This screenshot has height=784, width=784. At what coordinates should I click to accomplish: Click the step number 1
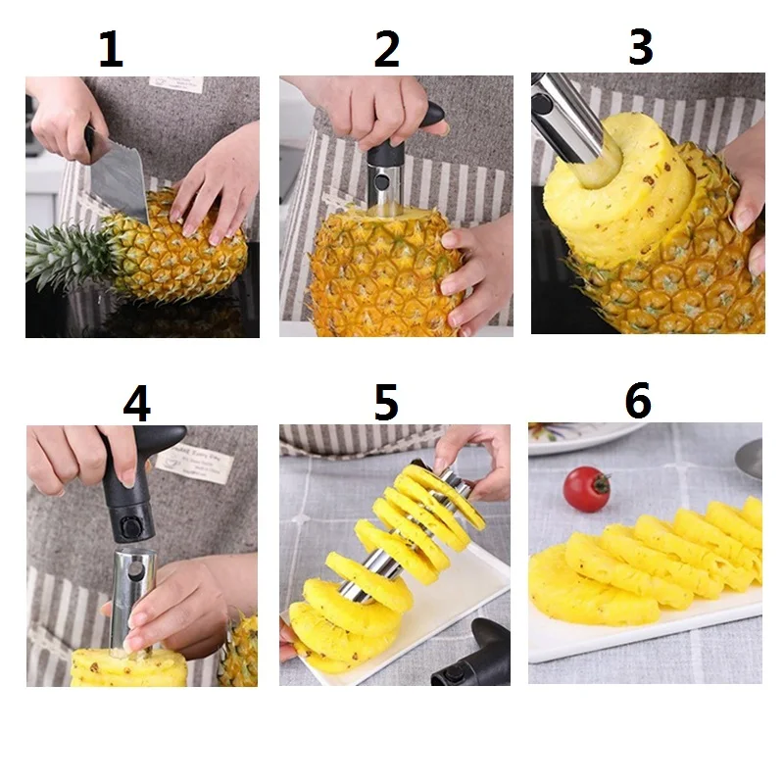(x=111, y=49)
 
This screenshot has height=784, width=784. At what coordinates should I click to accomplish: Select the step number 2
(x=386, y=49)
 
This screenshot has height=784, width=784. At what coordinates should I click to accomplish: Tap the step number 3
(x=640, y=47)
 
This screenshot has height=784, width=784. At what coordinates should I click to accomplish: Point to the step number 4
(x=136, y=403)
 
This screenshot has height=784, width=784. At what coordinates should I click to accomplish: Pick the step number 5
(x=386, y=403)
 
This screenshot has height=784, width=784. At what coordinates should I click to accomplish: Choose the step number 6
(x=638, y=401)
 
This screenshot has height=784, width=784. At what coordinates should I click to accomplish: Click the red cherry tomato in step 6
(x=586, y=488)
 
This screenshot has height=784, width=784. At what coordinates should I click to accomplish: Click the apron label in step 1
(x=176, y=83)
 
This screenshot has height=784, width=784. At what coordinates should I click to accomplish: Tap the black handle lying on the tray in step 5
(x=475, y=657)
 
